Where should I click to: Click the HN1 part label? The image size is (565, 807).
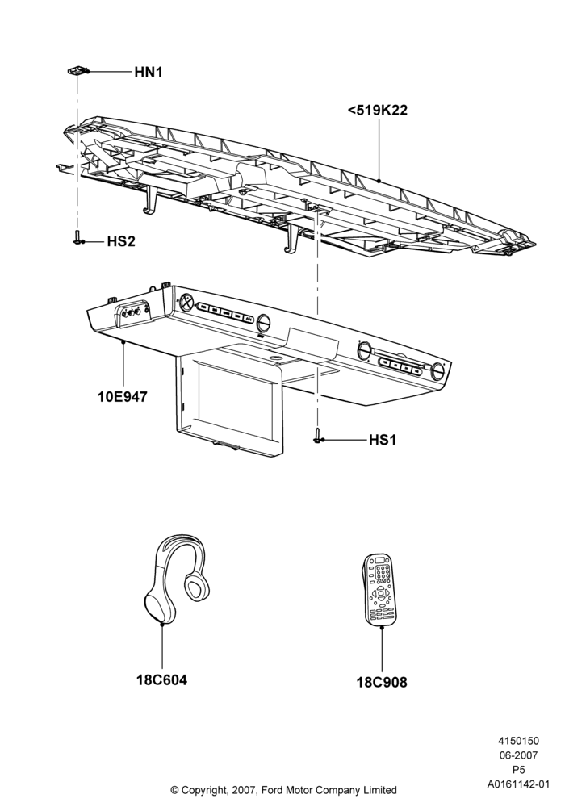point(149,72)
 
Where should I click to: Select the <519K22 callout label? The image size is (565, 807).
point(378,110)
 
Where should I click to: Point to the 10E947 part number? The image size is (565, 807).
point(123,397)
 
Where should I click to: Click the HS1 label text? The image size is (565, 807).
point(383,440)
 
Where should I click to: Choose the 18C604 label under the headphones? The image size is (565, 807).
point(161,679)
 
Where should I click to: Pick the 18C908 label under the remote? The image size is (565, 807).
point(382,683)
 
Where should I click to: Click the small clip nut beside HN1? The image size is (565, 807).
point(78,70)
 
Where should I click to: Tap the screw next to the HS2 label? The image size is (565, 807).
point(77,237)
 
